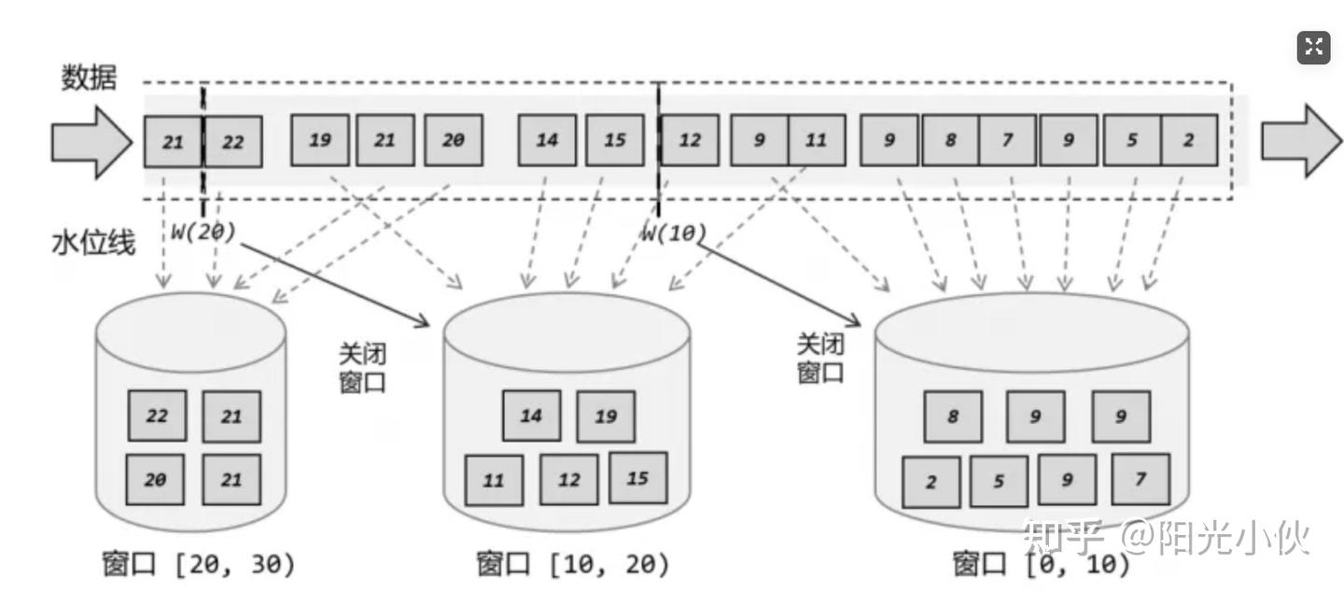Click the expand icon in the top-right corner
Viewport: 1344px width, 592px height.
[x=1313, y=48]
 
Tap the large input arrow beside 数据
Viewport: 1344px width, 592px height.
[x=91, y=142]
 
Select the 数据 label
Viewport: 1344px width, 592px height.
[x=90, y=78]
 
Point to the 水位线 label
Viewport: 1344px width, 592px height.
[x=92, y=243]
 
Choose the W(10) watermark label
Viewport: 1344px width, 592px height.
[x=673, y=233]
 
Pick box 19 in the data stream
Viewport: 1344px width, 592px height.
[x=320, y=141]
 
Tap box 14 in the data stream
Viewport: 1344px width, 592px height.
[x=547, y=141]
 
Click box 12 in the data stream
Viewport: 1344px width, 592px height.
[x=690, y=141]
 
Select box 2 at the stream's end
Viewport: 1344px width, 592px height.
[x=1188, y=141]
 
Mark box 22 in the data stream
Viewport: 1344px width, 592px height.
[x=233, y=142]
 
